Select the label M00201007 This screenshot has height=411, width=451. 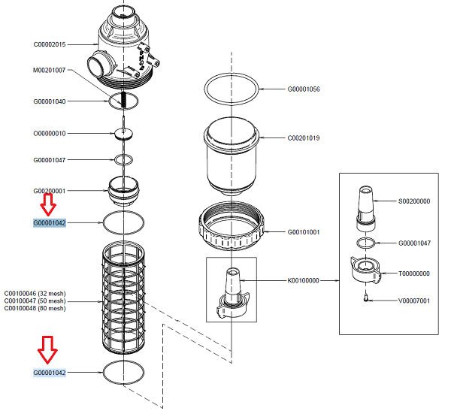pos(49,71)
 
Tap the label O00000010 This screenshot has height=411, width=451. pos(49,133)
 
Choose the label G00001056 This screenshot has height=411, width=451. pos(304,89)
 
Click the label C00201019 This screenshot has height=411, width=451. pos(304,138)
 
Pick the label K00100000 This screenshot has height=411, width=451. pos(304,280)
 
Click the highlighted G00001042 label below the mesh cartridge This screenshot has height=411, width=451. pos(49,373)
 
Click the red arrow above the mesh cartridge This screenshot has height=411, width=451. pos(48,204)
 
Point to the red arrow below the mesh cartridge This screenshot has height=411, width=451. pos(48,350)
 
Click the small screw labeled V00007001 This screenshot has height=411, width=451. pos(365,298)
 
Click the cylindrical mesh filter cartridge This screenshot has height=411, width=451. pos(123,301)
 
